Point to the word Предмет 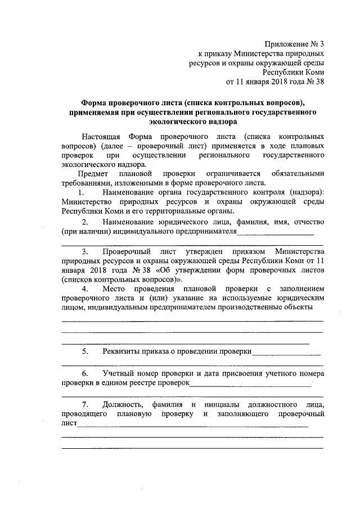coord(96,174)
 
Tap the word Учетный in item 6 coord(119,374)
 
